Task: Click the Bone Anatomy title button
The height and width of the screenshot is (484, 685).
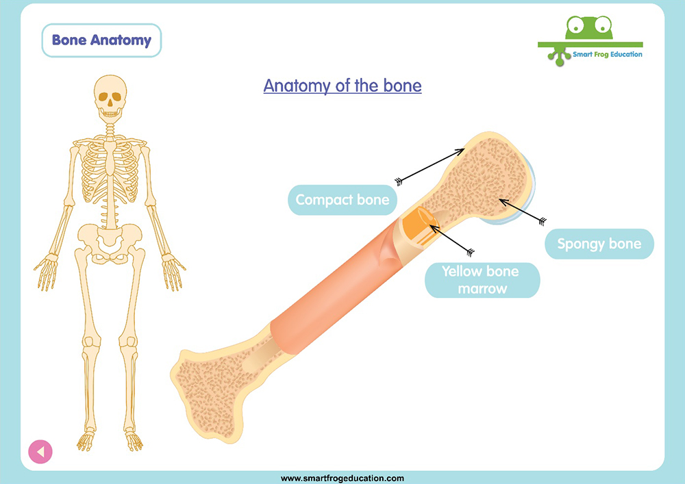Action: point(101,40)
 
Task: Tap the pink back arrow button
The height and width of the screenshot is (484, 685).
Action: point(40,452)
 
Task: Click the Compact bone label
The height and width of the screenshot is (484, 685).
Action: point(342,200)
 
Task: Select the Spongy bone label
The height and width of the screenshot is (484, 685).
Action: point(599,244)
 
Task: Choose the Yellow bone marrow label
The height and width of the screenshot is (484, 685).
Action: point(482,280)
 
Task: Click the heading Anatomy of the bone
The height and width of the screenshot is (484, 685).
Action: point(342,86)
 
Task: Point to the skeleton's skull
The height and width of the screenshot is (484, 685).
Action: point(110,98)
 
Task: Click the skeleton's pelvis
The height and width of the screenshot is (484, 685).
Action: point(110,242)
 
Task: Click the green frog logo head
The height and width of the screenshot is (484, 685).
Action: point(589,28)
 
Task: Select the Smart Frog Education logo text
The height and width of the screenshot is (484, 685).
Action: point(607,55)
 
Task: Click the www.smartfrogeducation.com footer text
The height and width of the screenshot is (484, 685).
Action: point(342,479)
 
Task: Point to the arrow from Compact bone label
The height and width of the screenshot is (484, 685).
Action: point(430,166)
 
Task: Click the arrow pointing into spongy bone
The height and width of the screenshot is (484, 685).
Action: point(523,212)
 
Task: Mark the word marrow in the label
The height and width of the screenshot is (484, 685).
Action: point(482,289)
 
